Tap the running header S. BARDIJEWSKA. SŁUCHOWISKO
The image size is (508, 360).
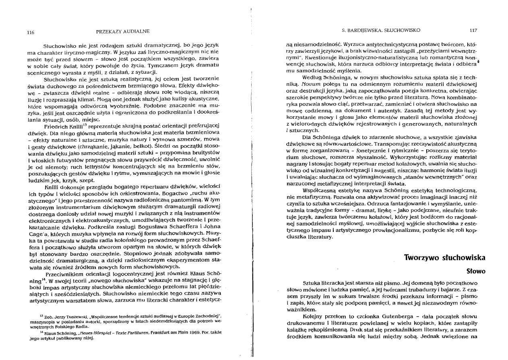[380, 30]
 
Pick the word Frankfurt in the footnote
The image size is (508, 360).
[147, 332]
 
